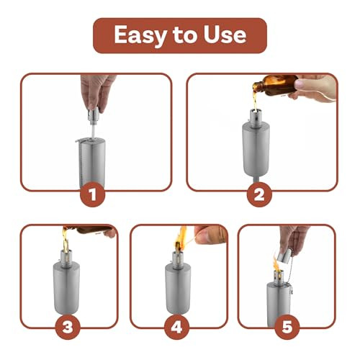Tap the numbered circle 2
click(261, 192)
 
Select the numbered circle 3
click(68, 327)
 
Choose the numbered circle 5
click(286, 327)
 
